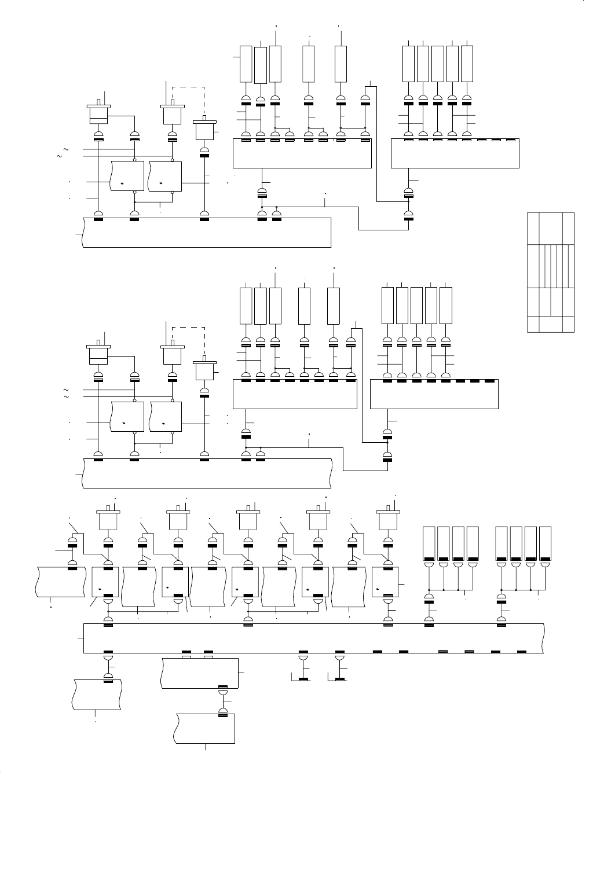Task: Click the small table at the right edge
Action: point(550,272)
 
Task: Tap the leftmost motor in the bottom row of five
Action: point(108,519)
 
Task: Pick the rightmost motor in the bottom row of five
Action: point(388,519)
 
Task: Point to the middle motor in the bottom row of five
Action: point(248,519)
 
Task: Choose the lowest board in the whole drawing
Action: point(206,728)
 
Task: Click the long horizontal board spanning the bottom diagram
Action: point(313,638)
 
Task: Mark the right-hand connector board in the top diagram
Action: point(455,153)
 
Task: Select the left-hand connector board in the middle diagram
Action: point(295,394)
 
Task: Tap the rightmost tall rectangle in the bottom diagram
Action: point(544,542)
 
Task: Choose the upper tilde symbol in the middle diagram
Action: point(65,389)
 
